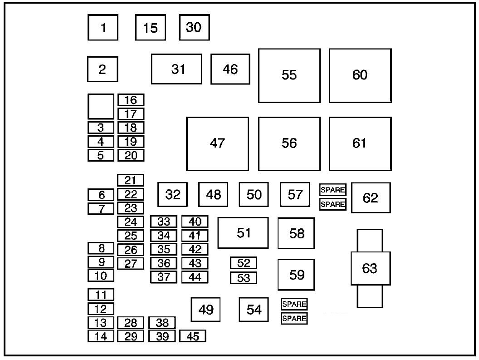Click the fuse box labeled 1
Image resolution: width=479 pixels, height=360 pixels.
(x=103, y=28)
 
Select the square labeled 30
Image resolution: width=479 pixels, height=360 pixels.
(x=194, y=28)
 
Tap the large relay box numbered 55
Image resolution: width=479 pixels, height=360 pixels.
(x=289, y=75)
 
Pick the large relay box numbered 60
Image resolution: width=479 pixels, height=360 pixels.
(x=360, y=75)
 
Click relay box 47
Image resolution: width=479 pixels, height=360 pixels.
(x=218, y=143)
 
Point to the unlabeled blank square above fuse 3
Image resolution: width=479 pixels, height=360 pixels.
(x=101, y=106)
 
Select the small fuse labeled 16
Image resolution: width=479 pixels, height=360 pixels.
(x=131, y=100)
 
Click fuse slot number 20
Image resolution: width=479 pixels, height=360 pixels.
(x=131, y=155)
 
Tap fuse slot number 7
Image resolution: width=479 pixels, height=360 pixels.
(x=101, y=209)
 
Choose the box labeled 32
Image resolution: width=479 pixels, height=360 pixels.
(x=173, y=195)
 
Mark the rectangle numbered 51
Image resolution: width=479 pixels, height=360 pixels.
(x=243, y=233)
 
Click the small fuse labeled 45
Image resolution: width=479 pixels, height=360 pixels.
(x=193, y=336)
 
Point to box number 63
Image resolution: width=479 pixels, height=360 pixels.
(x=370, y=268)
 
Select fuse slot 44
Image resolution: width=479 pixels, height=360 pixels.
(x=195, y=276)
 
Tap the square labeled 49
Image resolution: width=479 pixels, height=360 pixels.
(x=205, y=310)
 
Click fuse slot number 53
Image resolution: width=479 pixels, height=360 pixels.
(x=244, y=278)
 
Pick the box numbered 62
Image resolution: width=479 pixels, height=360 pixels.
(x=371, y=198)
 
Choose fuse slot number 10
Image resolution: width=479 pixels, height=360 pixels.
(x=101, y=276)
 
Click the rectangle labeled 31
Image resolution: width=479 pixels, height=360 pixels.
(x=176, y=69)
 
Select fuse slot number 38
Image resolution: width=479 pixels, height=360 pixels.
(x=162, y=323)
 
